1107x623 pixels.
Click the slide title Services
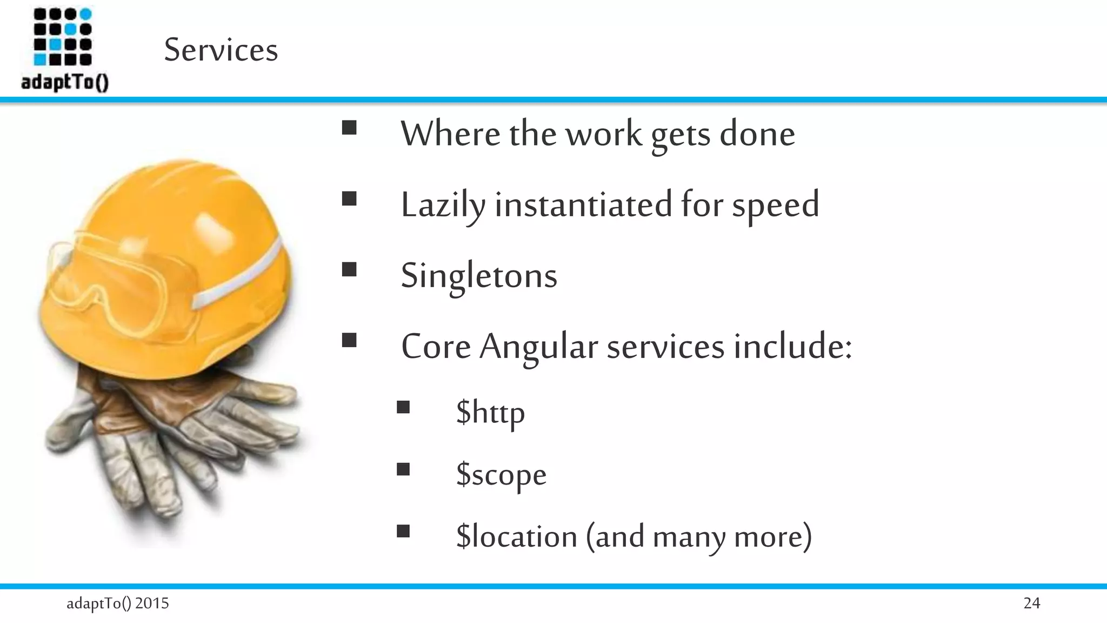[221, 50]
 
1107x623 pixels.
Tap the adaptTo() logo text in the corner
[65, 83]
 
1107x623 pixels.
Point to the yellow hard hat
[178, 227]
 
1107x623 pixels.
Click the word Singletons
[478, 276]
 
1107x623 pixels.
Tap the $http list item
[490, 412]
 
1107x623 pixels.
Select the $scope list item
[501, 474]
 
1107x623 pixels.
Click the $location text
[517, 536]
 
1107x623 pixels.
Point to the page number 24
[1031, 603]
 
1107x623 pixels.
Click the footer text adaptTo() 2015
[117, 603]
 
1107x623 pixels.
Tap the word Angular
[538, 347]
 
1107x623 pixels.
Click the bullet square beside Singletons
[349, 269]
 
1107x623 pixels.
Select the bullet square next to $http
[403, 407]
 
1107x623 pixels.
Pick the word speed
[775, 206]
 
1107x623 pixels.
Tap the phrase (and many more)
[699, 536]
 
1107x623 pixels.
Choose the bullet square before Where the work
[349, 128]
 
